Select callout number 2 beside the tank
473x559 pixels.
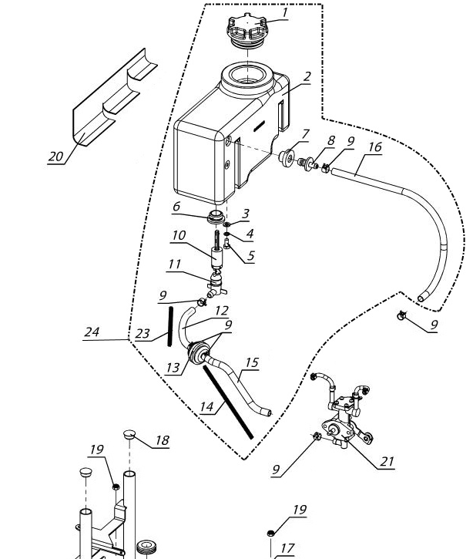tap(306, 76)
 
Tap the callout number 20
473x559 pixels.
tap(55, 157)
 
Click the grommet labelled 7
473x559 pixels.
tap(286, 157)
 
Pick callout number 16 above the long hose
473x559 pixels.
tap(375, 146)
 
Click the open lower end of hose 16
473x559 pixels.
tap(421, 298)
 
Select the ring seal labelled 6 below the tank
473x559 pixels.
tap(215, 217)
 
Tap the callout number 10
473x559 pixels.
tap(179, 235)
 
